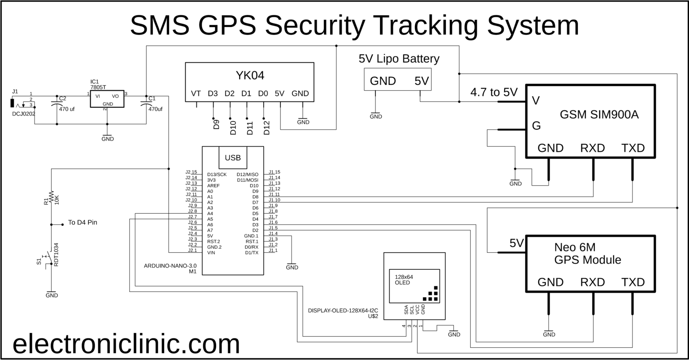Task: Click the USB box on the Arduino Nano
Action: pyautogui.click(x=232, y=158)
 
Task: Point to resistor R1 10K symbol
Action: pyautogui.click(x=52, y=197)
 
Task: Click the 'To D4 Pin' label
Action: pyautogui.click(x=82, y=222)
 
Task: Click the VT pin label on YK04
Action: pyautogui.click(x=196, y=93)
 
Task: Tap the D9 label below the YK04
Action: pyautogui.click(x=216, y=124)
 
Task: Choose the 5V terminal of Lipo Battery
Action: pyautogui.click(x=421, y=81)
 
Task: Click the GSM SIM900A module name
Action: pyautogui.click(x=599, y=115)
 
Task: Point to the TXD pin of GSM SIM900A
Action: pyautogui.click(x=633, y=148)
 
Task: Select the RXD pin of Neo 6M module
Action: pyautogui.click(x=593, y=282)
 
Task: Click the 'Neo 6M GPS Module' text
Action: pyautogui.click(x=588, y=253)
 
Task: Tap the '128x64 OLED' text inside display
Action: pyautogui.click(x=404, y=280)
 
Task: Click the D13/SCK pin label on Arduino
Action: pyautogui.click(x=217, y=174)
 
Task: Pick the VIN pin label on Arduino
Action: pyautogui.click(x=211, y=253)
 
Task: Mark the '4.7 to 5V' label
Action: pyautogui.click(x=493, y=92)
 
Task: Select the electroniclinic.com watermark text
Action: pyautogui.click(x=126, y=344)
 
